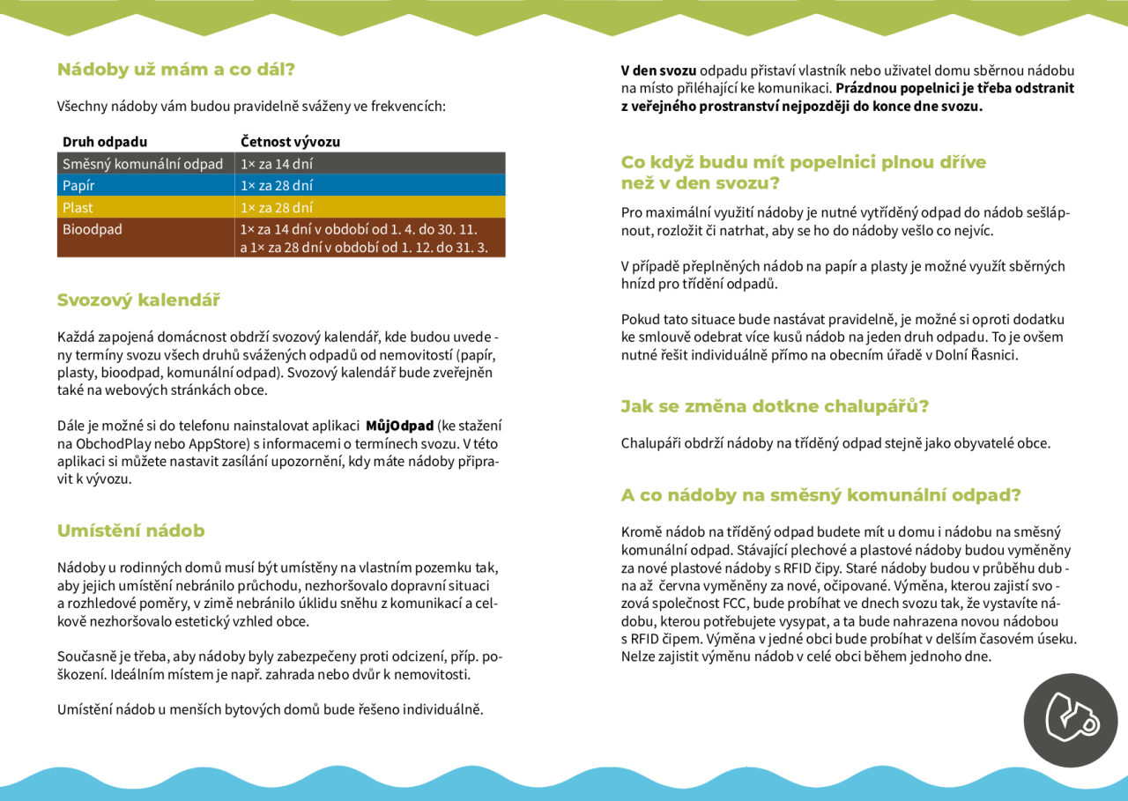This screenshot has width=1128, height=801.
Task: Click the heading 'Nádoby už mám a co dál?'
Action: pos(176,70)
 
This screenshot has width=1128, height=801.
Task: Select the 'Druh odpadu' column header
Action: pos(105,142)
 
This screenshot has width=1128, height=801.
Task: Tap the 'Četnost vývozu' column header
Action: pos(290,142)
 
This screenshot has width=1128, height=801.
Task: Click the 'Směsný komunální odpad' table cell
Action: pos(143,164)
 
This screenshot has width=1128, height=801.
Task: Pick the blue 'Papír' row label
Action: pos(78,186)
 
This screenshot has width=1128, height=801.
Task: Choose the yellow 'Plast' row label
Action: pos(78,208)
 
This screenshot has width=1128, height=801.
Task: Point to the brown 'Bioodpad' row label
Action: pos(93,230)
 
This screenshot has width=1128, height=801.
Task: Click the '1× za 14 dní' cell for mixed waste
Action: pos(277,164)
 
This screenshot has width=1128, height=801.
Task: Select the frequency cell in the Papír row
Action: pos(277,186)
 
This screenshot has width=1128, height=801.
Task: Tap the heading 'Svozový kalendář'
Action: pos(138,300)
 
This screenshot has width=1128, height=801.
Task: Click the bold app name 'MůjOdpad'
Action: pos(399,426)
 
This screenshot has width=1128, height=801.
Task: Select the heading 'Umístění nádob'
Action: pos(130,531)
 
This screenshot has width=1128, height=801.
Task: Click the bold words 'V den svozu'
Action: pos(658,70)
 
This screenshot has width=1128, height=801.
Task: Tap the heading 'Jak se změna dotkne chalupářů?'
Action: pos(775,407)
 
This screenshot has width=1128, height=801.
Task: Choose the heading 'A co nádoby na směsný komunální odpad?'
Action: pos(820,495)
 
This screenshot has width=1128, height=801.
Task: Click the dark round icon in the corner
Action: pos(1070,720)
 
